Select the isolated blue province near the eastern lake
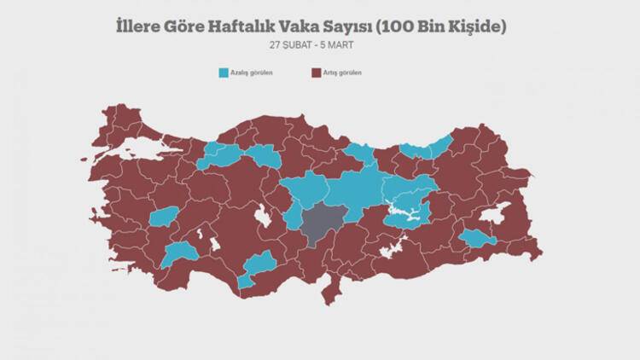tap(476, 239)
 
